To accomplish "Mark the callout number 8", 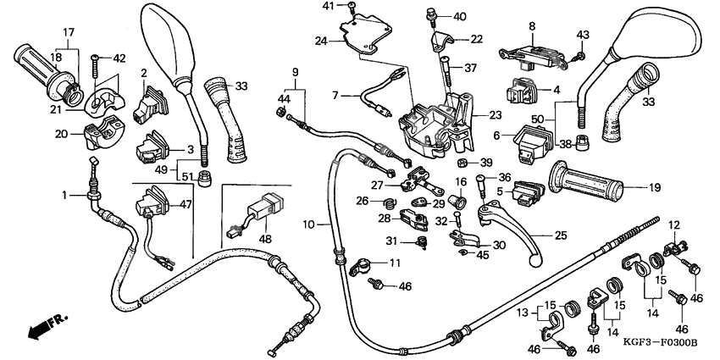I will coord(532,26).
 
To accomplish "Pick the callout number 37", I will coord(471,69).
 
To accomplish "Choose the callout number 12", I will coord(675,224).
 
